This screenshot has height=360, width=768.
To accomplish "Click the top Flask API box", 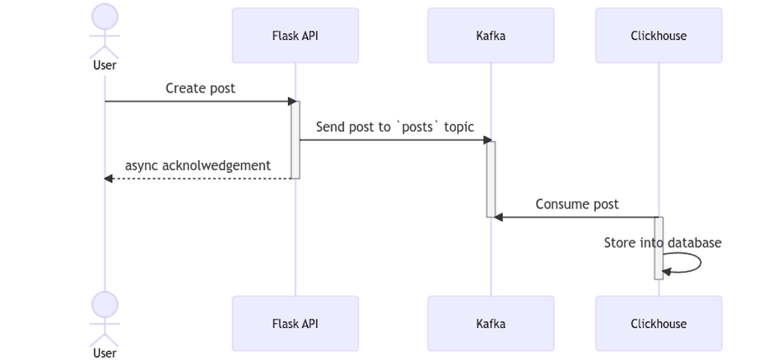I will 295,36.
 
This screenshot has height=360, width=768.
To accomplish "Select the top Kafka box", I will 491,36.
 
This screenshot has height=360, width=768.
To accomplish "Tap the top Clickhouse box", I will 658,36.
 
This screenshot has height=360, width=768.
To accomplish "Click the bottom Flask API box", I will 295,324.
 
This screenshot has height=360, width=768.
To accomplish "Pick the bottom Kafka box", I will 491,324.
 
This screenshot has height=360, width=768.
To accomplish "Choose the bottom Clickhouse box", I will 658,324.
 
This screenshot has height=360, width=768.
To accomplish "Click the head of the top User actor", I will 105,16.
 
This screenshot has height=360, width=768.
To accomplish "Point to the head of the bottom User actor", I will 105,304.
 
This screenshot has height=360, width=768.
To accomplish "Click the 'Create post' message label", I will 200,88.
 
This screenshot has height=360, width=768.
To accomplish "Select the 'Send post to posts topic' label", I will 395,127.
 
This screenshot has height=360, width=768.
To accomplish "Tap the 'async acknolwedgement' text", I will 198,166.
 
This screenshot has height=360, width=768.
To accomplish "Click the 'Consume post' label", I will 577,204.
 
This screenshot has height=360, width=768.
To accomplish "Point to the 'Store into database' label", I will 662,243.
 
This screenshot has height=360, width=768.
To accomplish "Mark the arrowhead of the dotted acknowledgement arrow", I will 109,179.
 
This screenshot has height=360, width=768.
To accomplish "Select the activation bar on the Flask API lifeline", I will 296,139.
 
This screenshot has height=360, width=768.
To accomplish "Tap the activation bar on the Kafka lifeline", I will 491,179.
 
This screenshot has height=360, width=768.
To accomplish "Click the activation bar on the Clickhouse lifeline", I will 658,248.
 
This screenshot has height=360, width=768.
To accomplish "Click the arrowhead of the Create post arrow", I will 290,101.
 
